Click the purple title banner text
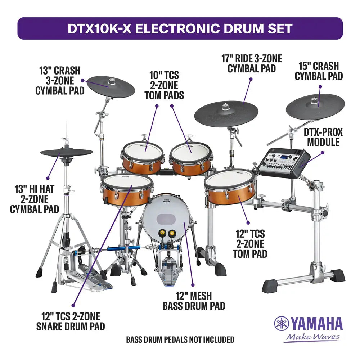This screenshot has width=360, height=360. pyautogui.click(x=180, y=28)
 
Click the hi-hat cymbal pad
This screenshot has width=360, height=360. pyautogui.click(x=66, y=153)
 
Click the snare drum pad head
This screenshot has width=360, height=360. pyautogui.click(x=126, y=181)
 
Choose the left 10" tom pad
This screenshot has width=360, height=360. pyautogui.click(x=143, y=150)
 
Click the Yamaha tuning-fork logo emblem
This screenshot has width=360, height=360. pyautogui.click(x=281, y=323)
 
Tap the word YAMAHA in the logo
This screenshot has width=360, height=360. pyautogui.click(x=316, y=324)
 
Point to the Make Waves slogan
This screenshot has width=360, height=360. pyautogui.click(x=312, y=337)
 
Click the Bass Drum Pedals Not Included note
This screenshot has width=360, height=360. pyautogui.click(x=180, y=339)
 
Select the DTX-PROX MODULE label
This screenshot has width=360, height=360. pyautogui.click(x=323, y=137)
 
